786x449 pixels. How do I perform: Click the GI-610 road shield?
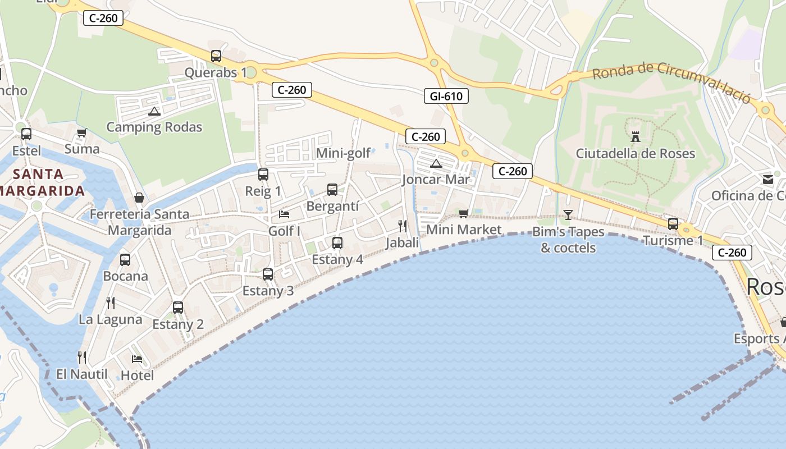pyautogui.click(x=446, y=96)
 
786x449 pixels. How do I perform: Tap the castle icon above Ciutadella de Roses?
pyautogui.click(x=636, y=136)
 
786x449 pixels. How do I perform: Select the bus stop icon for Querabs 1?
pyautogui.click(x=216, y=56)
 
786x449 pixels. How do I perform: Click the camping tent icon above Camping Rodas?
pyautogui.click(x=154, y=111)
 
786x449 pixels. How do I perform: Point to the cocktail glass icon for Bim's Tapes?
pyautogui.click(x=568, y=214)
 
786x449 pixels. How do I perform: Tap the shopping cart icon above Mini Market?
pyautogui.click(x=463, y=213)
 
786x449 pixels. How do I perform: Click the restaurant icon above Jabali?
pyautogui.click(x=403, y=226)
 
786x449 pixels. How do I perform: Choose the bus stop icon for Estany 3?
pyautogui.click(x=268, y=274)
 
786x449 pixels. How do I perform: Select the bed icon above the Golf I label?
pyautogui.click(x=284, y=214)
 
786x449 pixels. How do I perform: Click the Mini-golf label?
pyautogui.click(x=344, y=153)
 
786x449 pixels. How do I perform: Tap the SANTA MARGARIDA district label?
pyautogui.click(x=43, y=182)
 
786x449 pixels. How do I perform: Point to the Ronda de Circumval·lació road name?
pyautogui.click(x=671, y=82)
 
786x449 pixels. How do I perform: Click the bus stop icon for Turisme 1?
pyautogui.click(x=673, y=224)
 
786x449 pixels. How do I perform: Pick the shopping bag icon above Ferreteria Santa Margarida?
pyautogui.click(x=139, y=198)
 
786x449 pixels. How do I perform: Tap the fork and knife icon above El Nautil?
pyautogui.click(x=82, y=357)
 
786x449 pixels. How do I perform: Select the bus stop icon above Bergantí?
pyautogui.click(x=332, y=190)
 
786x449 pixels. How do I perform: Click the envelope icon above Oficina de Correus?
pyautogui.click(x=767, y=180)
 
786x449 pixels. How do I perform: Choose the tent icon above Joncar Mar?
pyautogui.click(x=436, y=164)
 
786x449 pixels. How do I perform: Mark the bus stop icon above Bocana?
pyautogui.click(x=125, y=260)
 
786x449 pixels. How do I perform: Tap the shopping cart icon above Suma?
pyautogui.click(x=82, y=133)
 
